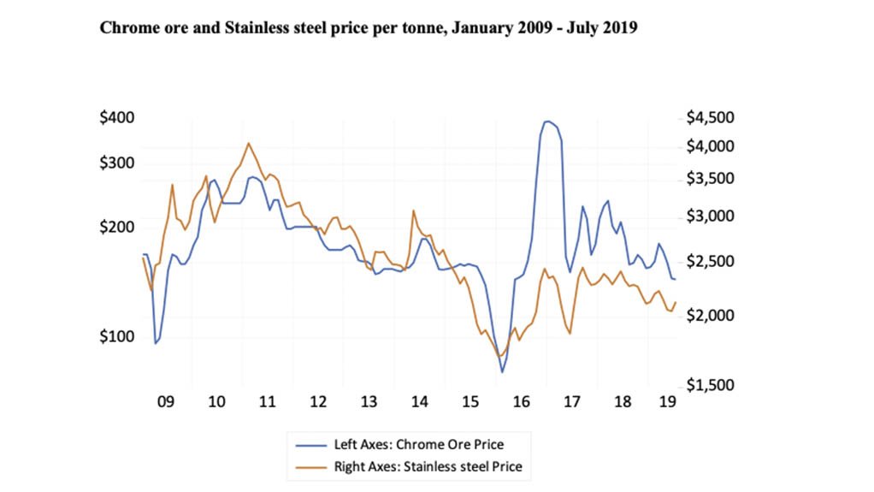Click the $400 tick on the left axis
tap(117, 117)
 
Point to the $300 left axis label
tap(117, 163)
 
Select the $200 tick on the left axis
tap(117, 228)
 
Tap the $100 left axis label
tap(117, 336)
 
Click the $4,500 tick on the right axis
tap(711, 117)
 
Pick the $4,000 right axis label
tap(711, 146)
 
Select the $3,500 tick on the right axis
tap(711, 179)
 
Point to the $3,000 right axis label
tap(711, 217)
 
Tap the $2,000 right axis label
tap(711, 316)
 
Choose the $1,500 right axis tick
tap(711, 387)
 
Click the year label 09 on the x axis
tap(166, 401)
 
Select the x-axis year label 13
tap(369, 401)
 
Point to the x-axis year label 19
tap(668, 401)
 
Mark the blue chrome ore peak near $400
tap(547, 122)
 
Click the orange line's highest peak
tap(248, 143)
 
